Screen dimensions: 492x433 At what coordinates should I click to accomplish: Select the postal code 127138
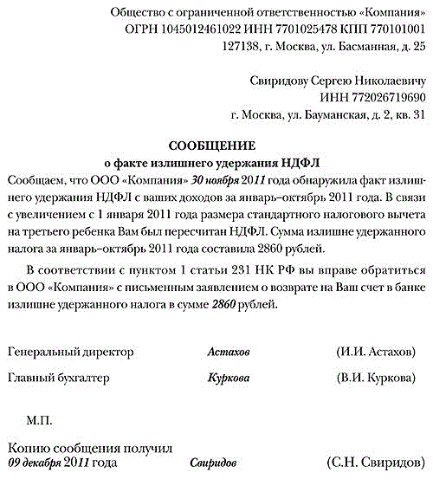(x=243, y=48)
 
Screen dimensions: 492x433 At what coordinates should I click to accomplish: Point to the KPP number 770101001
(x=390, y=31)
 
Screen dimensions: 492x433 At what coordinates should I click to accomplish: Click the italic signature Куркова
(x=229, y=379)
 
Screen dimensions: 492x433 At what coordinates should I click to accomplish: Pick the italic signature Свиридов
(x=212, y=463)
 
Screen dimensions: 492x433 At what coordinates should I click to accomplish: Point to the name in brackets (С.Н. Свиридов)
(x=372, y=463)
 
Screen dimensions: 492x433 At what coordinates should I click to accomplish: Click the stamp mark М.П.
(x=40, y=420)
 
